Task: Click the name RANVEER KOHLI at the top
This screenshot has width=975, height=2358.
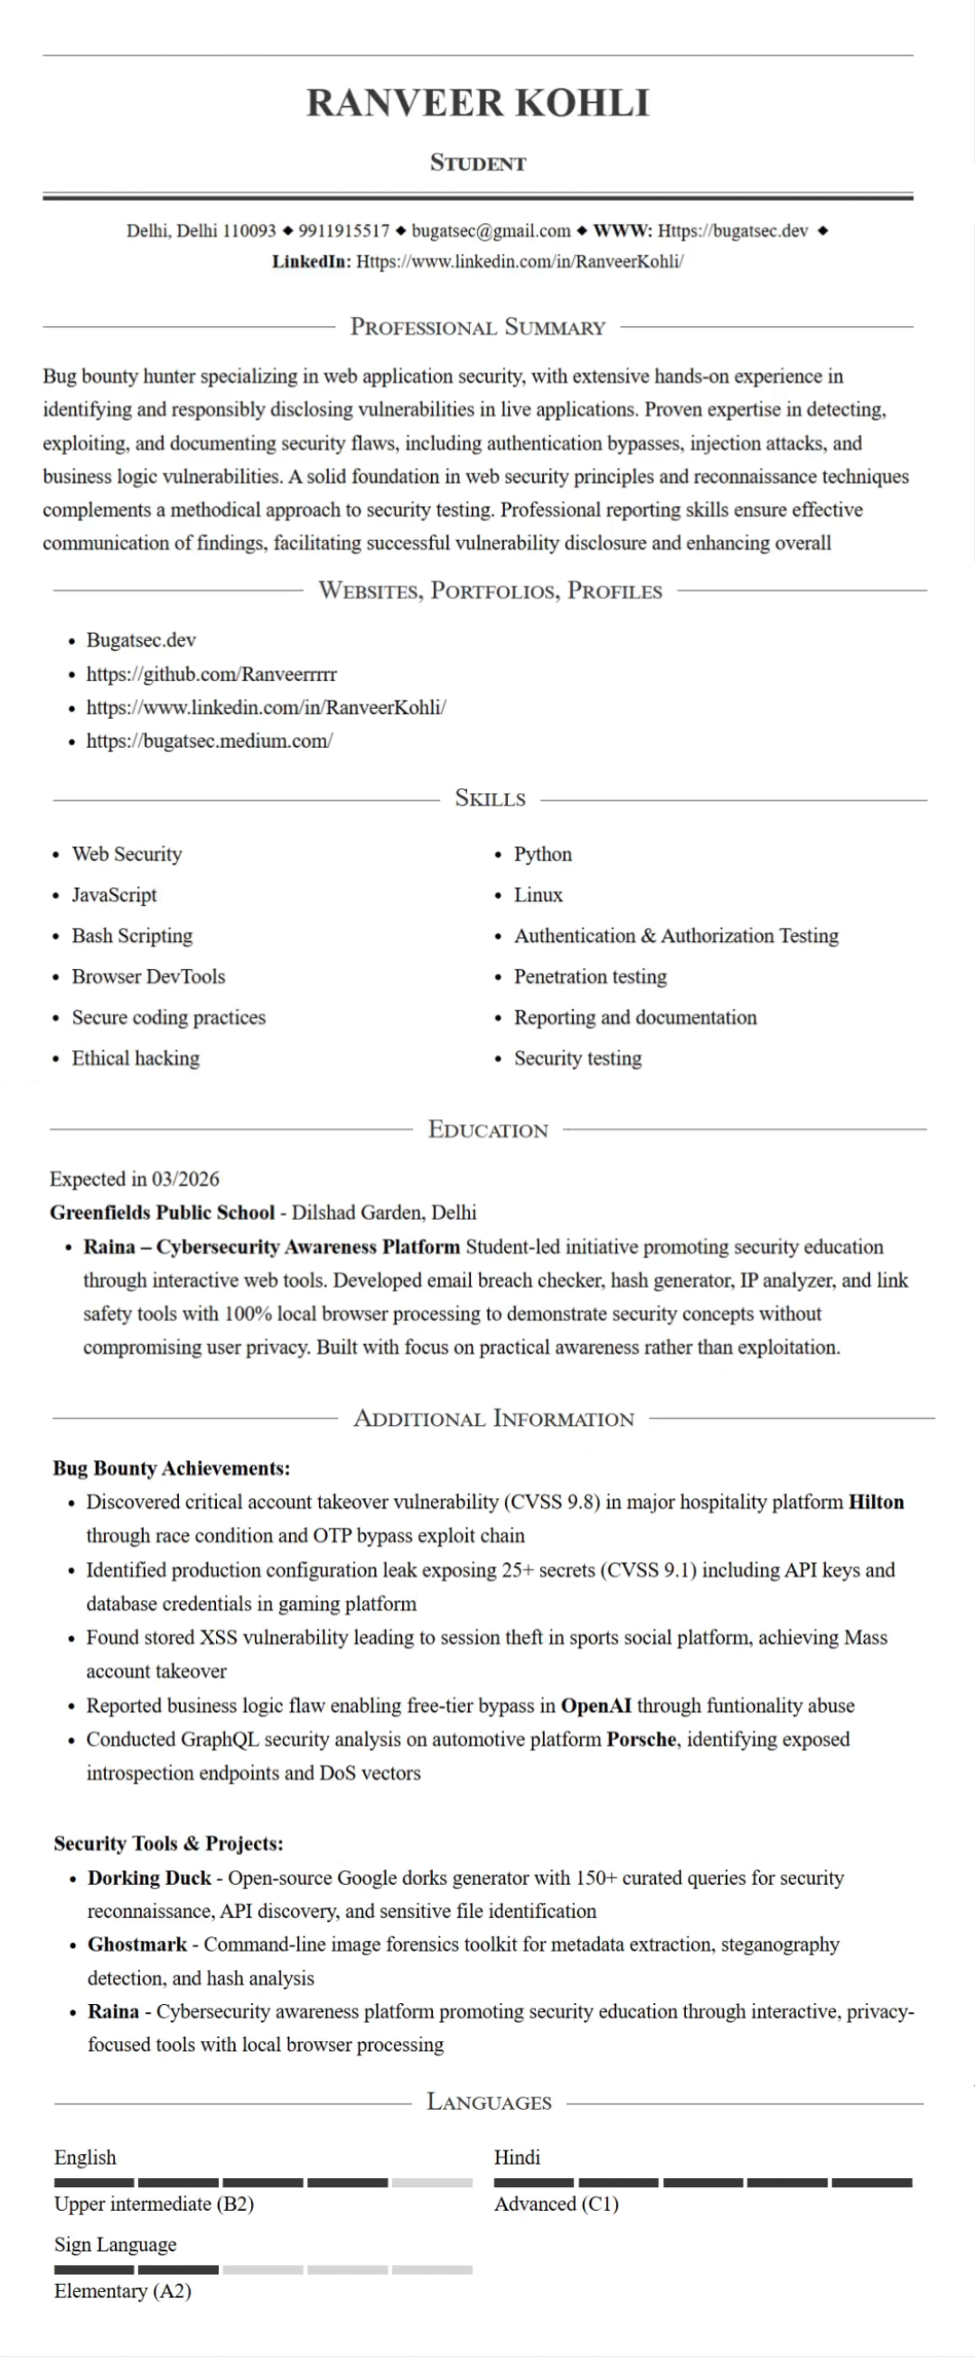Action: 478,103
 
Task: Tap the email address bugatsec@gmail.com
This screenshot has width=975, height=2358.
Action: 491,230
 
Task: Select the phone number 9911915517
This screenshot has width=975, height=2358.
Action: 343,230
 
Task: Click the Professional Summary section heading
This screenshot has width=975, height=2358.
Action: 478,327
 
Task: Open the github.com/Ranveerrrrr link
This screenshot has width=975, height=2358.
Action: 211,675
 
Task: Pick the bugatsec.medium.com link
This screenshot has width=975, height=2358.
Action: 210,741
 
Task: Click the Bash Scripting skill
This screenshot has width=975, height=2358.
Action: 133,936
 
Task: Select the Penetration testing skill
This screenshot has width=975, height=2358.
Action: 590,976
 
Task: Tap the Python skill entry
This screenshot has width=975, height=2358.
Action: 543,854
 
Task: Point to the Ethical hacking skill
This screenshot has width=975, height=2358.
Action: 136,1058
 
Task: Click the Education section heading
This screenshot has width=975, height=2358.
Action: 488,1130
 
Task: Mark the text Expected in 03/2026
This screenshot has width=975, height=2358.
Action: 135,1179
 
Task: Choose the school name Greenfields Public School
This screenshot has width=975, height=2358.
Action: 162,1213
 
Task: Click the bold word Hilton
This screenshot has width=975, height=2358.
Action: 877,1502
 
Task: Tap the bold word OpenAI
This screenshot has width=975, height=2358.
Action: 596,1706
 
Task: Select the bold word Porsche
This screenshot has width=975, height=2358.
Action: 642,1739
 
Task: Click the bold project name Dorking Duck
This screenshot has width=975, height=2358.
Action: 149,1878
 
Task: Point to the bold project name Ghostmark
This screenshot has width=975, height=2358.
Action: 137,1944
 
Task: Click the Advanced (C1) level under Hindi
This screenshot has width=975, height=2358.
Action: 557,2204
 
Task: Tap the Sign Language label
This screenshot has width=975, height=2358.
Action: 116,2244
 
